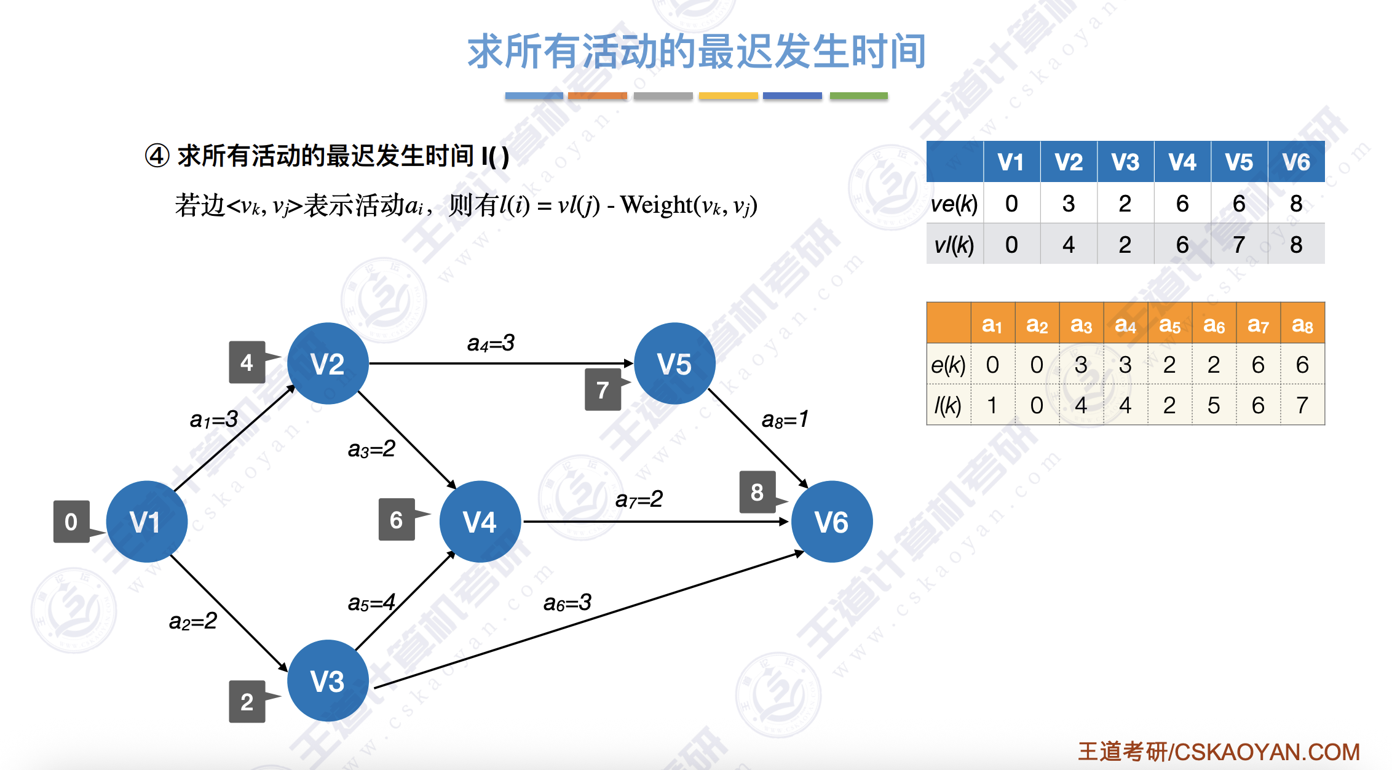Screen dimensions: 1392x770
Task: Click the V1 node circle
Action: [x=147, y=522]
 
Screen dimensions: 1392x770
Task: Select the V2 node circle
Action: [x=328, y=363]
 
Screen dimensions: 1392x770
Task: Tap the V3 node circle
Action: [x=328, y=681]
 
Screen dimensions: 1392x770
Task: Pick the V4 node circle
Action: [x=480, y=522]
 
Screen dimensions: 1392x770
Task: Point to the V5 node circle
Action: [x=675, y=363]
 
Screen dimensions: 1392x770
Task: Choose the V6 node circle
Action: [x=832, y=522]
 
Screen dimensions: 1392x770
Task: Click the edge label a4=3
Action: [x=491, y=343]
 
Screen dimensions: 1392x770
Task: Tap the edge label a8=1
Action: [x=785, y=419]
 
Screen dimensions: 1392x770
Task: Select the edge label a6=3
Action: [x=567, y=603]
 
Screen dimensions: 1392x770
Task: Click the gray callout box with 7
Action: [x=603, y=389]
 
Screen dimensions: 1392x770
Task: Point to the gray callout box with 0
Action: [x=71, y=522]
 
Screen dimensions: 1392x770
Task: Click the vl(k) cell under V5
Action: [x=1239, y=244]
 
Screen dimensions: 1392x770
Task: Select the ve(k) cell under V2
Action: [x=1069, y=203]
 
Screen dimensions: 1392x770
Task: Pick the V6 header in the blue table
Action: [x=1296, y=162]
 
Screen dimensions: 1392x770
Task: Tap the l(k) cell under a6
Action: [x=1214, y=405]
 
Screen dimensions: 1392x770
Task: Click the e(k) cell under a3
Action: [x=1081, y=365]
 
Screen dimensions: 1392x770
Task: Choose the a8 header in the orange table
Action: [x=1302, y=323]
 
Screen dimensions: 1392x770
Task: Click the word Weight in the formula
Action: [x=656, y=205]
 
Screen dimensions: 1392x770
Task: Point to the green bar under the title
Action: [x=858, y=96]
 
